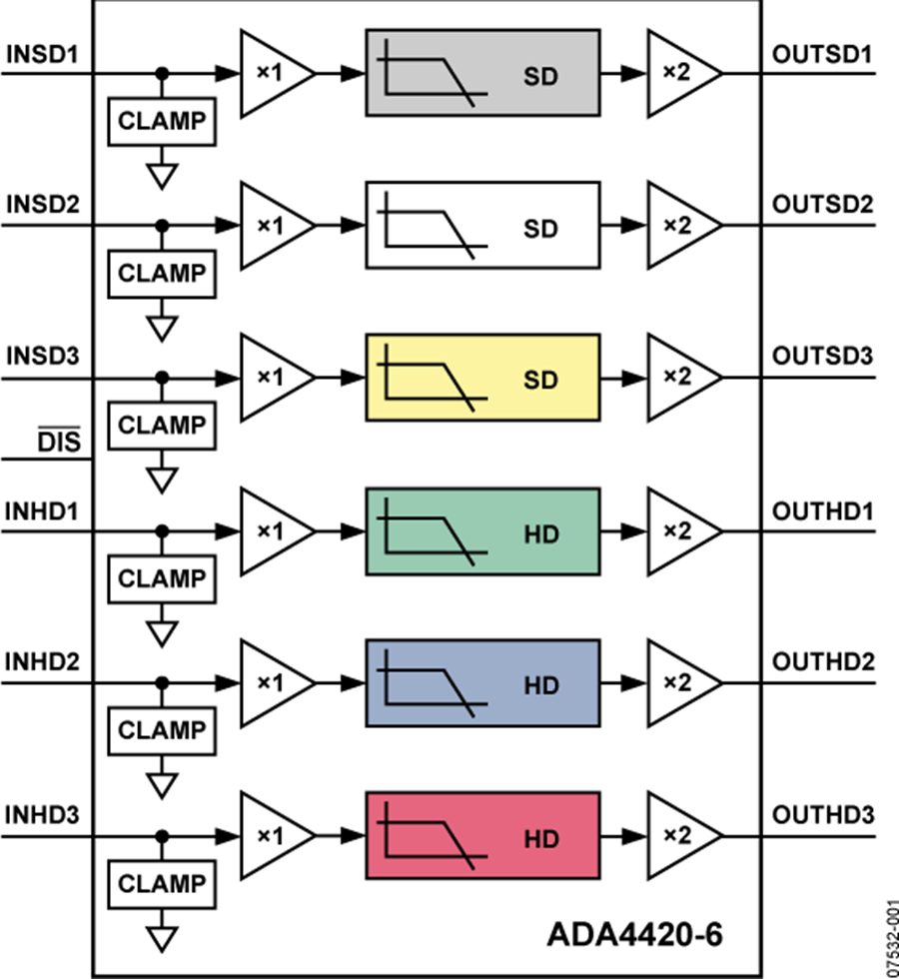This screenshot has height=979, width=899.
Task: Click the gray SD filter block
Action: point(482,73)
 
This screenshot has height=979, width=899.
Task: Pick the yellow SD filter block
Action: point(482,379)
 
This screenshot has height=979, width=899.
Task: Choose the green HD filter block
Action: point(482,531)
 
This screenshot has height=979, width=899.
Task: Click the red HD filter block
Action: point(482,837)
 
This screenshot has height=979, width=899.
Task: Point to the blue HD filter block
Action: point(482,684)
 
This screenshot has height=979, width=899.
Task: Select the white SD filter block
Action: point(482,226)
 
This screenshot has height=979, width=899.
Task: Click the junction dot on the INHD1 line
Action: point(161,532)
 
